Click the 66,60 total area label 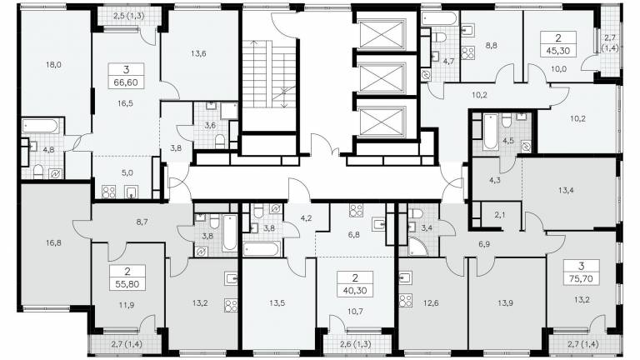[x=127, y=82]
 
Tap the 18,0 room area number [x=53, y=64]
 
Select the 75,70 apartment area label [x=581, y=279]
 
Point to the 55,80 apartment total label [x=127, y=284]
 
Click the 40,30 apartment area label [x=355, y=291]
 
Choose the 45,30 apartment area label [x=558, y=52]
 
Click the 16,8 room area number [x=53, y=242]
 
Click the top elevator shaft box [x=382, y=35]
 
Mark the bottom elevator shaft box [x=382, y=122]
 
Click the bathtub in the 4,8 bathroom [x=40, y=126]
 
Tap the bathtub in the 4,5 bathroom [x=490, y=132]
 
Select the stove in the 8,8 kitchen [x=468, y=53]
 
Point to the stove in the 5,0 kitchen [x=108, y=192]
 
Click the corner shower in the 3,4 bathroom [x=417, y=247]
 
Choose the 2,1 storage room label [x=500, y=215]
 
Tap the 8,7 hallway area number [x=142, y=222]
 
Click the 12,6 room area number [x=431, y=302]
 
